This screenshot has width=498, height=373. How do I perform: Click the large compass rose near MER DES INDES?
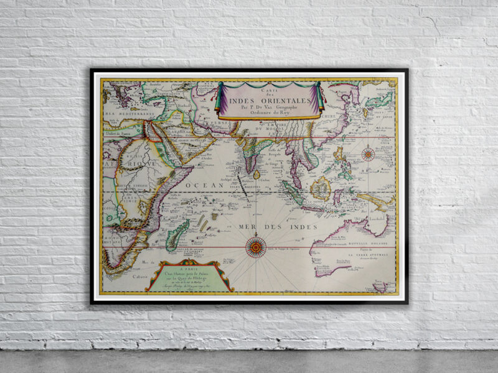(255, 247)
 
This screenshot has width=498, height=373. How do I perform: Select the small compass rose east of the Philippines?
(368, 154)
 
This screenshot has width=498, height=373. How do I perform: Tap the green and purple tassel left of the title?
(219, 99)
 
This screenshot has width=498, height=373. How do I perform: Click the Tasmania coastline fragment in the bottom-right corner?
(380, 287)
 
